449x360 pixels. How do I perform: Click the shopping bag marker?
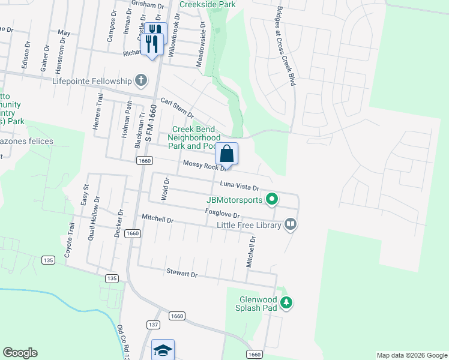pyautogui.click(x=228, y=154)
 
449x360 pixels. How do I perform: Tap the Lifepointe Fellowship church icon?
pyautogui.click(x=140, y=80)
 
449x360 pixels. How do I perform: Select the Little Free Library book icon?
pyautogui.click(x=291, y=224)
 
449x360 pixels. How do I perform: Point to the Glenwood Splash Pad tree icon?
pyautogui.click(x=288, y=303)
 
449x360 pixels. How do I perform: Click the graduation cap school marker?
pyautogui.click(x=163, y=350)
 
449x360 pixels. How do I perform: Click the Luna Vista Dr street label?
pyautogui.click(x=239, y=186)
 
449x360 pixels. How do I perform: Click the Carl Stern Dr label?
pyautogui.click(x=177, y=107)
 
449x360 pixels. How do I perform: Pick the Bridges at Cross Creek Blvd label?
pyautogui.click(x=285, y=46)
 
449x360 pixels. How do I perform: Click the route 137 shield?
pyautogui.click(x=153, y=324)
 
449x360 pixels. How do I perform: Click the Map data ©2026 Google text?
pyautogui.click(x=411, y=355)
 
